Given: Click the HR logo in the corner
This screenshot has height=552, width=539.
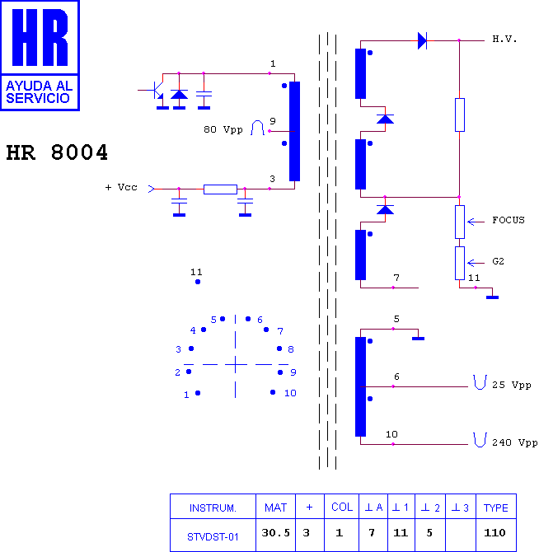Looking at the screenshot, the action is pyautogui.click(x=40, y=55).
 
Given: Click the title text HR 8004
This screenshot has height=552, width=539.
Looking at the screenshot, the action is pyautogui.click(x=57, y=152).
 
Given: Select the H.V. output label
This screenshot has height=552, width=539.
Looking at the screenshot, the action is pyautogui.click(x=504, y=39).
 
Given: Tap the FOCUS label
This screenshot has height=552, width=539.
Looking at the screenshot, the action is pyautogui.click(x=508, y=220).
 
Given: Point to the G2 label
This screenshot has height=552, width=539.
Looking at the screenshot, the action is pyautogui.click(x=498, y=261).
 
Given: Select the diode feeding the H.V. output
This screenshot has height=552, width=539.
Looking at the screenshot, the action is pyautogui.click(x=422, y=41).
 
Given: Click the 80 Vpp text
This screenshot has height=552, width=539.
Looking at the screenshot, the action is pyautogui.click(x=223, y=130).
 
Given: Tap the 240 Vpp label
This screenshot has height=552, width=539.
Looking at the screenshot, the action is pyautogui.click(x=514, y=443).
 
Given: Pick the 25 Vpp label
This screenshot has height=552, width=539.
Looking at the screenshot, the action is pyautogui.click(x=512, y=385).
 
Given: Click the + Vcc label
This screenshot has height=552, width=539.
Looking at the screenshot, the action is pyautogui.click(x=121, y=187).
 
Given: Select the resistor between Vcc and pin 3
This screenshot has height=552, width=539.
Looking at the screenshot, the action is pyautogui.click(x=220, y=189).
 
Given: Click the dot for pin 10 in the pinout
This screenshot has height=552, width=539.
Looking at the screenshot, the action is pyautogui.click(x=273, y=392).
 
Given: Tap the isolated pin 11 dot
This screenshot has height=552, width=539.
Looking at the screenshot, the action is pyautogui.click(x=198, y=282).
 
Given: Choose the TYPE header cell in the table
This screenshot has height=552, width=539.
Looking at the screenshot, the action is pyautogui.click(x=495, y=508).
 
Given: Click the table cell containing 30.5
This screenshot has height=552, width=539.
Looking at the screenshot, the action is pyautogui.click(x=275, y=533).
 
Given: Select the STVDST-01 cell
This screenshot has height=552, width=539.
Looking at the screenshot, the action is pyautogui.click(x=213, y=537).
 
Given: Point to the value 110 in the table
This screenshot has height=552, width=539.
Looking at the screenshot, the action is pyautogui.click(x=494, y=532).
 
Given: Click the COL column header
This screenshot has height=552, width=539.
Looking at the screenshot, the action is pyautogui.click(x=342, y=507).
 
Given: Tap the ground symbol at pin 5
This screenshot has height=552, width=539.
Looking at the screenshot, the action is pyautogui.click(x=418, y=339).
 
